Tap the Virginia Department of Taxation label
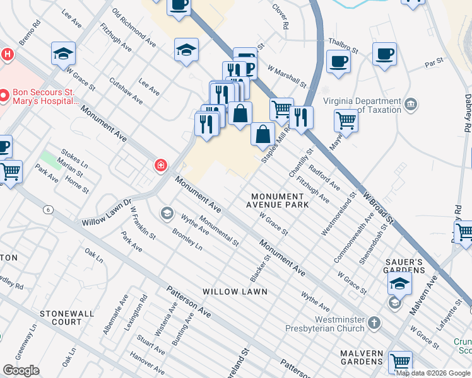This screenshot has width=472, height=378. [x=362, y=105]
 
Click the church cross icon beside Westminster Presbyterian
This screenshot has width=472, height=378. [x=375, y=324]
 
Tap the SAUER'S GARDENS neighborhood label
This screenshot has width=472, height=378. [x=404, y=265]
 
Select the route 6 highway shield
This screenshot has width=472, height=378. [x=47, y=209]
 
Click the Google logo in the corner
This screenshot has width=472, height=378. [x=21, y=370]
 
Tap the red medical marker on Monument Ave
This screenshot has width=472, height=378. [x=162, y=166]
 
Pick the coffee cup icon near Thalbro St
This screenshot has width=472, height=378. [x=338, y=62]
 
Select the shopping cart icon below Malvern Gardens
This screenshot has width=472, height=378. [x=400, y=362]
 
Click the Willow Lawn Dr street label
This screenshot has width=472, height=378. [x=106, y=214]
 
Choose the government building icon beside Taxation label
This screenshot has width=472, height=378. [x=410, y=103]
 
